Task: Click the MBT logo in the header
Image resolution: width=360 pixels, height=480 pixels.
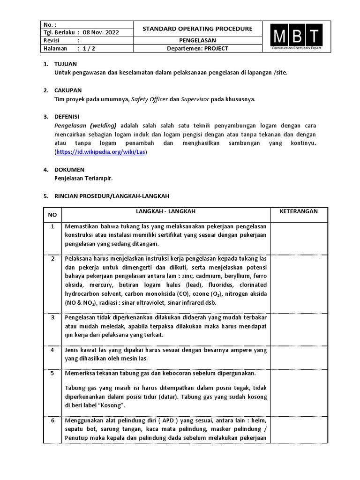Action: click(x=296, y=36)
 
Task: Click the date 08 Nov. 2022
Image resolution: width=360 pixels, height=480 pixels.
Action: click(x=101, y=32)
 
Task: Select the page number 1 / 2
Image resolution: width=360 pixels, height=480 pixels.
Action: click(x=88, y=48)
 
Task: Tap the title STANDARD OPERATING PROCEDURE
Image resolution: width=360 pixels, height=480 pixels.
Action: click(x=197, y=29)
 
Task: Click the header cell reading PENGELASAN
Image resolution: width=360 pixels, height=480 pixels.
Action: click(x=197, y=41)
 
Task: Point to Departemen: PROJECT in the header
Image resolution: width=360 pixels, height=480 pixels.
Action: click(x=197, y=49)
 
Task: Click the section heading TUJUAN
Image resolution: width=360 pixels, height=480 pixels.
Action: click(x=66, y=64)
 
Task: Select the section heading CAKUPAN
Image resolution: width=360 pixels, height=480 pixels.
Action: click(x=68, y=90)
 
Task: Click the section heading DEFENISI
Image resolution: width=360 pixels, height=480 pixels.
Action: click(x=67, y=116)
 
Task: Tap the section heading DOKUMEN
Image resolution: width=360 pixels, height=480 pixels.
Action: click(x=69, y=169)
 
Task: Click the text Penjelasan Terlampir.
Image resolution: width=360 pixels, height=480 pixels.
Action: click(x=84, y=178)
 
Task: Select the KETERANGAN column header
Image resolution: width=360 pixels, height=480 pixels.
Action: click(x=299, y=211)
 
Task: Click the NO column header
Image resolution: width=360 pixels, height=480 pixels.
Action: click(x=52, y=215)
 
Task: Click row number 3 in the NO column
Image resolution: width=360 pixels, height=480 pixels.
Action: click(x=52, y=318)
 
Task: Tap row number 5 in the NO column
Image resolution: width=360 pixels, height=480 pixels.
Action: click(x=52, y=374)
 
